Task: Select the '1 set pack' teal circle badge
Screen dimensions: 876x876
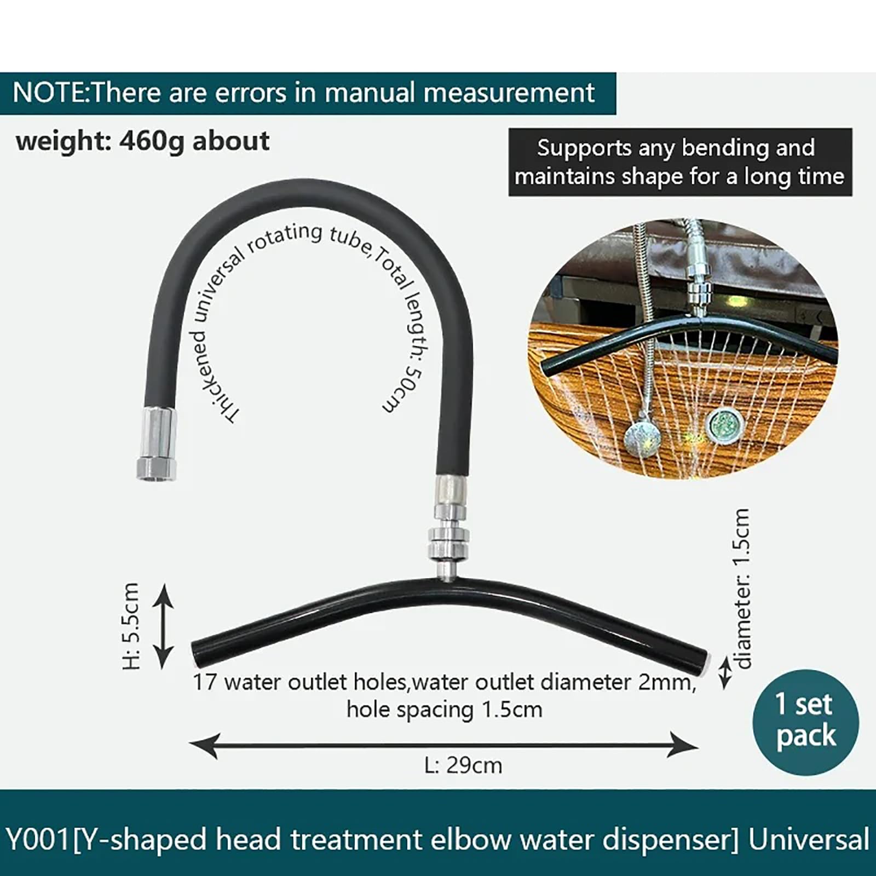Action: tap(805, 722)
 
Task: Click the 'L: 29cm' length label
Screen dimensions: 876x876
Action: tap(463, 765)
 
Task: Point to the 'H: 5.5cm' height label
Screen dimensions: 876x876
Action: tap(132, 626)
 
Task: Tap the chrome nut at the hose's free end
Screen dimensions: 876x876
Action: tap(157, 443)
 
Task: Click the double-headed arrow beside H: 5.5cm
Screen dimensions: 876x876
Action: tap(163, 626)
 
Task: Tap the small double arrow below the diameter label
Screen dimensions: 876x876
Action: tap(724, 673)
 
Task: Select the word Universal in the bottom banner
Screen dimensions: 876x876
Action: tap(809, 839)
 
